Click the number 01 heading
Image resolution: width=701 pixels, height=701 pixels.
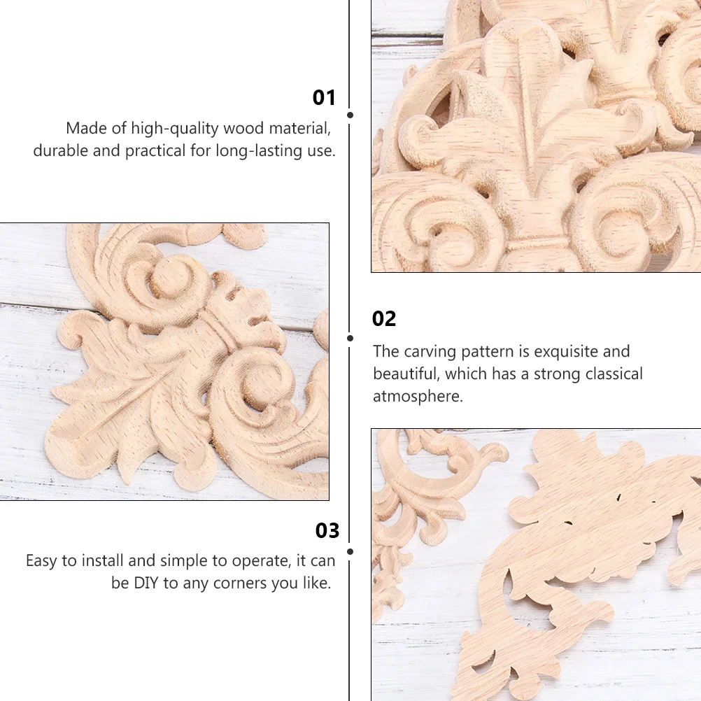[x=324, y=98]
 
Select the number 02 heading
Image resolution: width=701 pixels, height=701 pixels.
[x=384, y=319]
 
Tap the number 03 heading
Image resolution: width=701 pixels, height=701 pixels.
[x=327, y=531]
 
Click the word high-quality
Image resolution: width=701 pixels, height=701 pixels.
[x=174, y=129]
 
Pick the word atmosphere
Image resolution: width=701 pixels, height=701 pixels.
[x=418, y=396]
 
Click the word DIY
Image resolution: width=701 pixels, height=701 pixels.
[x=146, y=583]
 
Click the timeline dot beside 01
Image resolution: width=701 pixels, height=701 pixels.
[x=350, y=115]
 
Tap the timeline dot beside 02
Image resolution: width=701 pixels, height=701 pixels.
[x=350, y=338]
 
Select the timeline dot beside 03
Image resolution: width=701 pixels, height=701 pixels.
[x=350, y=551]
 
